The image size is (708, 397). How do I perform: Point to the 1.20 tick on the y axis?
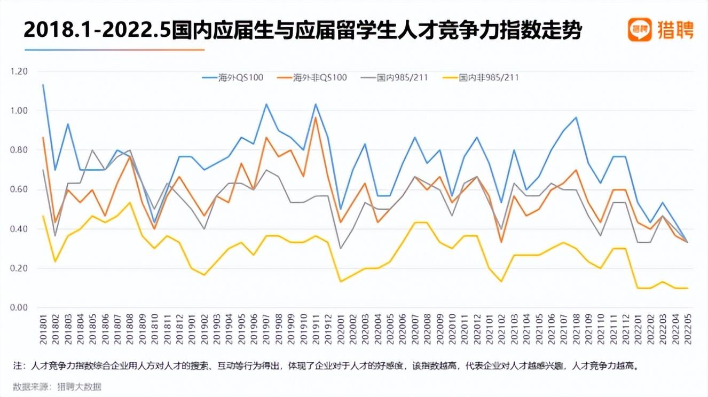point(19,72)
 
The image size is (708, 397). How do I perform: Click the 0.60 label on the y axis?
point(19,190)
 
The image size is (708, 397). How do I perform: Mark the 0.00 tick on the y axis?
point(19,308)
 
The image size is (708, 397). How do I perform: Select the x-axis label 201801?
point(43,330)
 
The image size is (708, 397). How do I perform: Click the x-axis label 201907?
point(266,330)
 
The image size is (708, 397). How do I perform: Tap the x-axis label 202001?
point(341,330)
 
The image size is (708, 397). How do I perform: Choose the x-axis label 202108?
point(575,330)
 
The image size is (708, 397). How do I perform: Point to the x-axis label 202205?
point(687,330)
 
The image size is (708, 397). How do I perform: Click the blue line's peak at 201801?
point(43,84)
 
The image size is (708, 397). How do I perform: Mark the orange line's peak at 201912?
point(316,117)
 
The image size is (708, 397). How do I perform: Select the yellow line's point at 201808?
point(130,202)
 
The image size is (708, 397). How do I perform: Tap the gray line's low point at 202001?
point(341,248)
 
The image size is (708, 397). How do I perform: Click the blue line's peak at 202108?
point(576,117)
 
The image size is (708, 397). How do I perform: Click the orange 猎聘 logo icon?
point(640,30)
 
